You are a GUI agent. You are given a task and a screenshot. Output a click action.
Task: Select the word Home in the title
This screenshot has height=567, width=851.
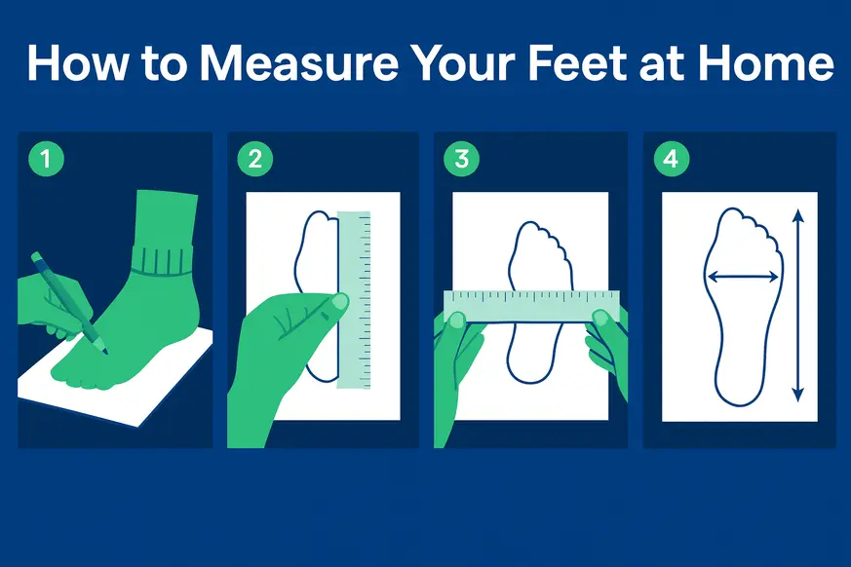click(775, 63)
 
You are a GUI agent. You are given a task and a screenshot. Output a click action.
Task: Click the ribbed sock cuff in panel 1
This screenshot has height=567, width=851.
click(163, 261)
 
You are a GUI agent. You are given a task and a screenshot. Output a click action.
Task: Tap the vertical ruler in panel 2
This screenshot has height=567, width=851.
click(354, 297)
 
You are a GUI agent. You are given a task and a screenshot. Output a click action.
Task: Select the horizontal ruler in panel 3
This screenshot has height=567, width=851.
click(531, 306)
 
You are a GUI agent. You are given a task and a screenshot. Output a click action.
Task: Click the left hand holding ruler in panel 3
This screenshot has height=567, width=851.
click(458, 351)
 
